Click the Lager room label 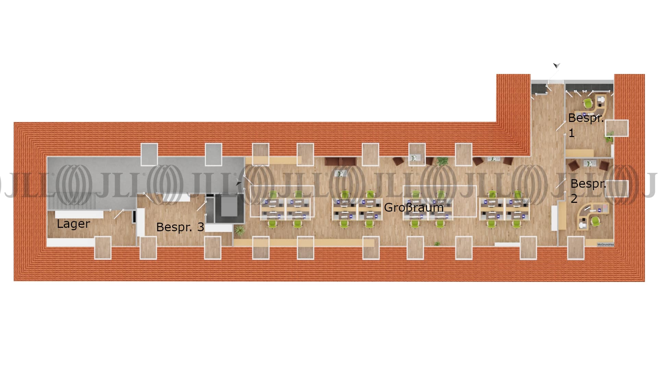point(73,224)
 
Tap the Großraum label point(414,207)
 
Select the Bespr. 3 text point(180,227)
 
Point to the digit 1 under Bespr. point(571,133)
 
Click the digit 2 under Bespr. point(574,198)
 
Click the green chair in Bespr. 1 point(588,103)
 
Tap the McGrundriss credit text point(606,245)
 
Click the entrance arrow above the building point(556,65)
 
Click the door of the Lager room point(118,214)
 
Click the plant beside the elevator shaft point(240,230)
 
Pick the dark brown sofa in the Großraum point(340,161)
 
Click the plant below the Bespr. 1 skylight point(609,138)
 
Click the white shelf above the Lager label point(79,214)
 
